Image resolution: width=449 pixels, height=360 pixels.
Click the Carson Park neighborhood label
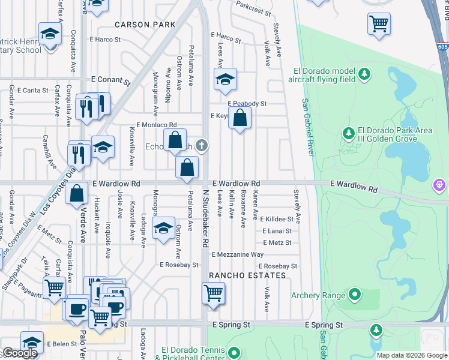pyautogui.click(x=145, y=25)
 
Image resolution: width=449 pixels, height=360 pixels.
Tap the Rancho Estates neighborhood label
pyautogui.click(x=247, y=275)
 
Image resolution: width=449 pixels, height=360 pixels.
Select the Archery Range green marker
pyautogui.click(x=355, y=295)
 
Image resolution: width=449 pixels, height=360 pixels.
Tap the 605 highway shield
pyautogui.click(x=442, y=46)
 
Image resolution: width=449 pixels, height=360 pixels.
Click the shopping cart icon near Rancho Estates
pyautogui.click(x=214, y=293)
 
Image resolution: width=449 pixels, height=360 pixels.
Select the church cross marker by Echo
pyautogui.click(x=202, y=145)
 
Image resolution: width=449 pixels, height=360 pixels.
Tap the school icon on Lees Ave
pyautogui.click(x=225, y=80)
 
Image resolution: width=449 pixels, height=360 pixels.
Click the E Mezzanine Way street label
pyautogui.click(x=238, y=255)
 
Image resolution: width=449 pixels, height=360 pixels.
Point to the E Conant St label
pyautogui.click(x=110, y=79)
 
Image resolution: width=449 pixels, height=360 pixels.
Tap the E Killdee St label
pyautogui.click(x=277, y=220)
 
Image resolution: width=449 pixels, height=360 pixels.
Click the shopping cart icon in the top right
pyautogui.click(x=379, y=25)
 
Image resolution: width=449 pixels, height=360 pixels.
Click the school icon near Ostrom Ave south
pyautogui.click(x=163, y=229)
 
